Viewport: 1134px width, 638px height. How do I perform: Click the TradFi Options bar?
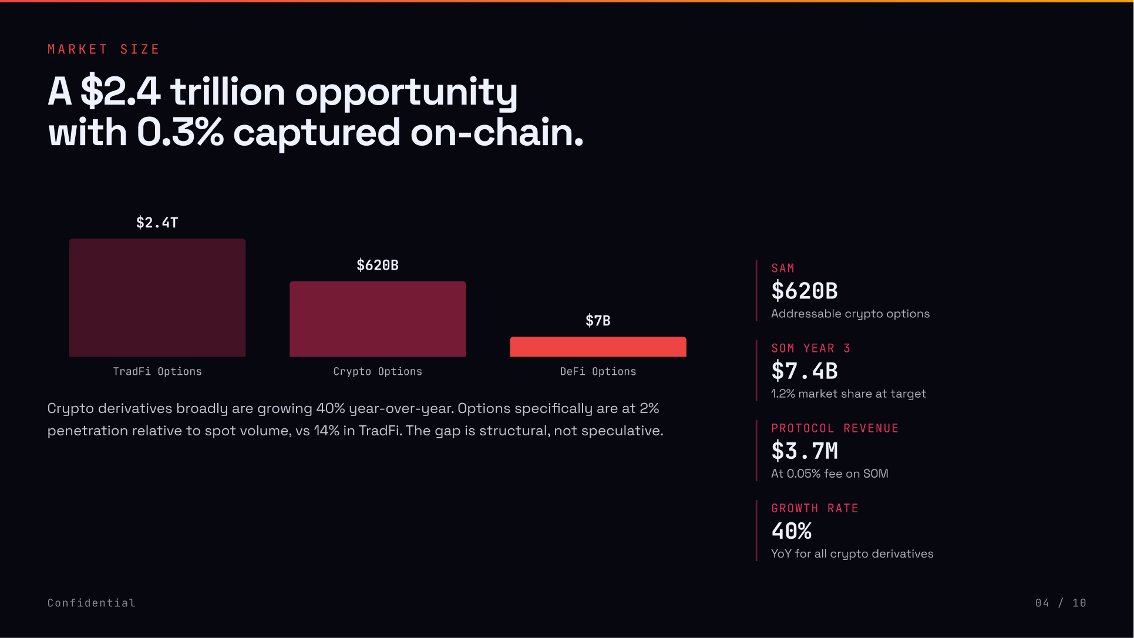pos(157,297)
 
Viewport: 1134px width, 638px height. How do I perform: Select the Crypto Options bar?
pos(378,318)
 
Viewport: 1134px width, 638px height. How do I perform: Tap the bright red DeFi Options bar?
pos(598,347)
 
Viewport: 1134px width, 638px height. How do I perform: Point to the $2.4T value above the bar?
pos(157,223)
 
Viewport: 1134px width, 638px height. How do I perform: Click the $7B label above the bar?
pos(598,321)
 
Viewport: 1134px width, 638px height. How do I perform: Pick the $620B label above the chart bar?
pos(378,266)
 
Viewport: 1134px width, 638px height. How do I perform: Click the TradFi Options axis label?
pos(157,371)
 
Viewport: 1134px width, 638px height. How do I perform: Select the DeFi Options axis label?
pos(598,371)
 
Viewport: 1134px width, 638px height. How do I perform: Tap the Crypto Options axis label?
pos(378,371)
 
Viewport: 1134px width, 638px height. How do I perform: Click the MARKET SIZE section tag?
pos(103,49)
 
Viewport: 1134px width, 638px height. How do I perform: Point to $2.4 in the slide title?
pos(120,92)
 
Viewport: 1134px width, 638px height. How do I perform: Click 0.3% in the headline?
pos(180,133)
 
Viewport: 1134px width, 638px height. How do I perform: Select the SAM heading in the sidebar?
pos(783,268)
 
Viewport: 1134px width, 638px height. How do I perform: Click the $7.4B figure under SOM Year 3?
pos(805,371)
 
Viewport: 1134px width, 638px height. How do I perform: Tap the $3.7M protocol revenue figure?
pos(805,451)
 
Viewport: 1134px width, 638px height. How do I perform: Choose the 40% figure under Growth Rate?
pos(792,531)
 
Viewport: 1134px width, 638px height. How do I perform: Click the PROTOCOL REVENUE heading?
pos(834,428)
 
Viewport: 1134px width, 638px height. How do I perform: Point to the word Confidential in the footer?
pos(92,603)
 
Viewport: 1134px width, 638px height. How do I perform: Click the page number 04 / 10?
pos(1061,603)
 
